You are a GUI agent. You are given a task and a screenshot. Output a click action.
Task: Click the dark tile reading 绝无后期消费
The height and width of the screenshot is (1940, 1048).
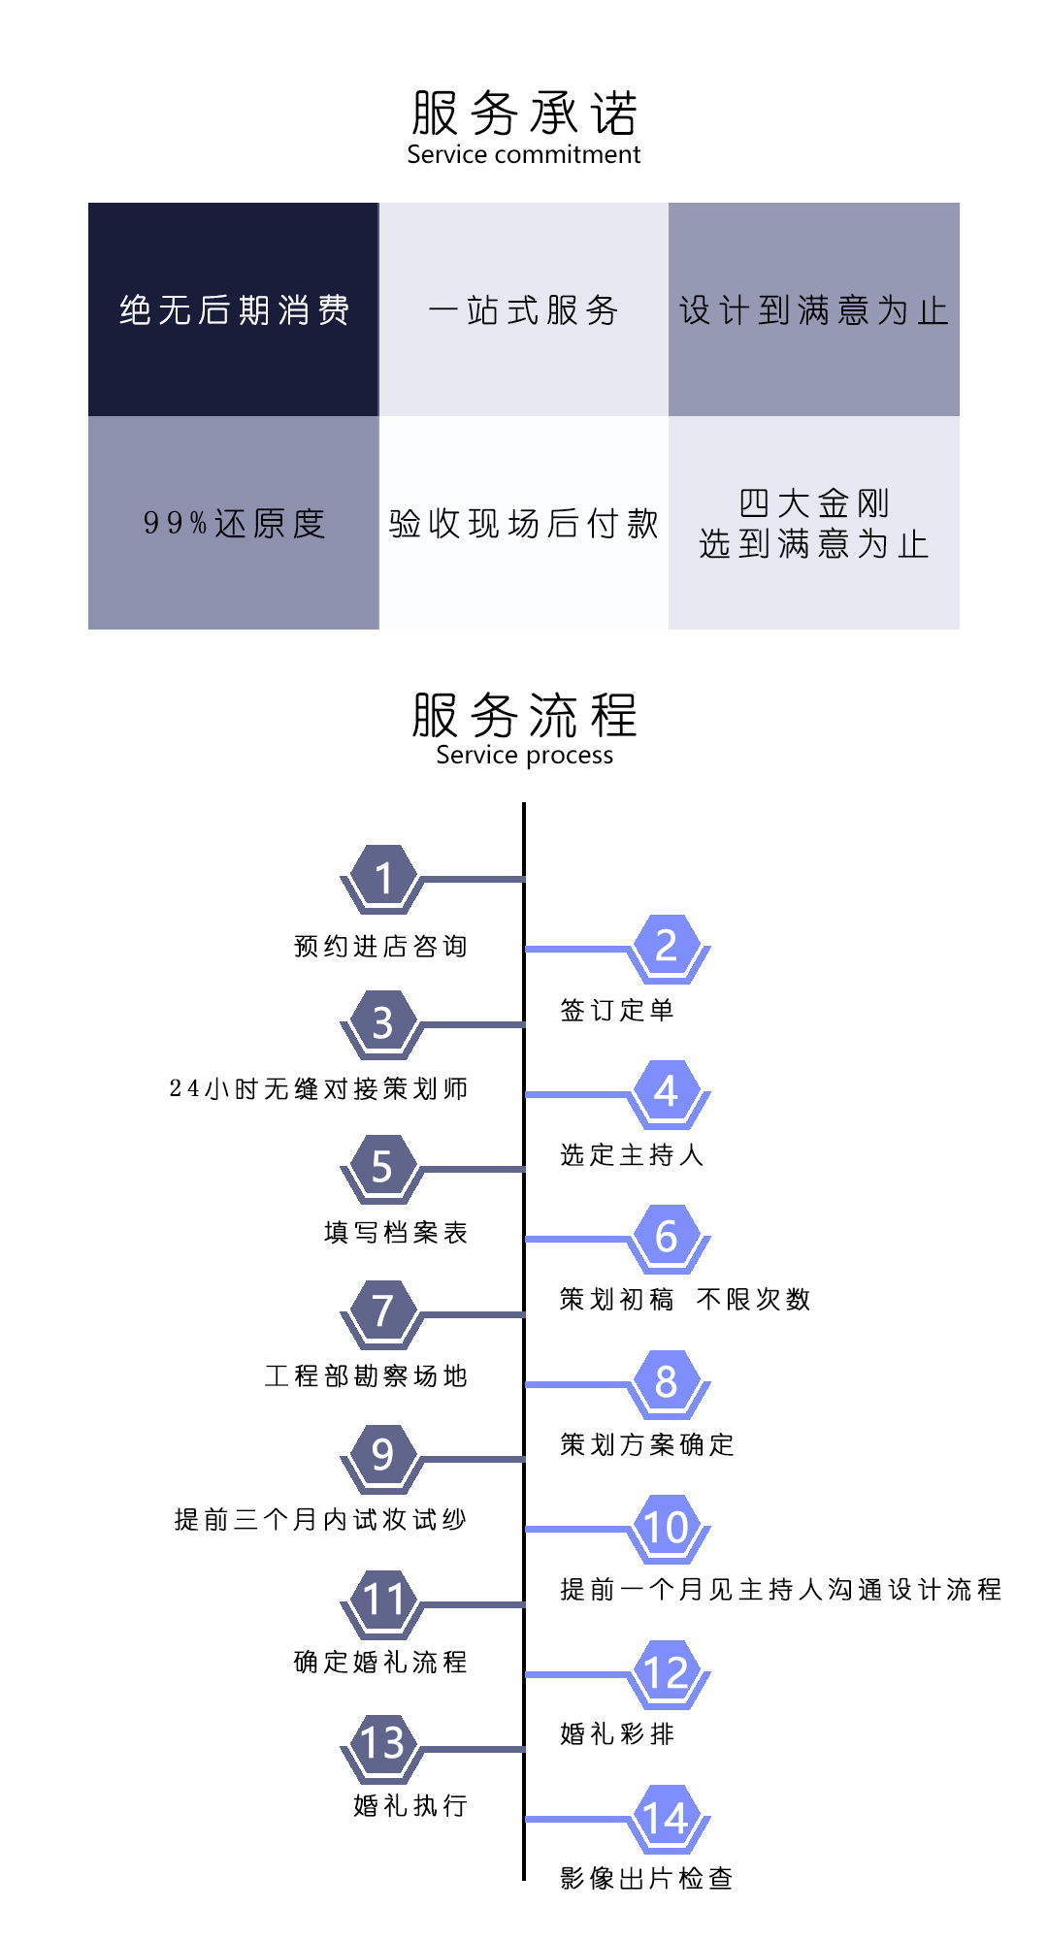233,309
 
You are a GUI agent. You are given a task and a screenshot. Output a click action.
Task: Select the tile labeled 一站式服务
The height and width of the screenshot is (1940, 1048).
524,309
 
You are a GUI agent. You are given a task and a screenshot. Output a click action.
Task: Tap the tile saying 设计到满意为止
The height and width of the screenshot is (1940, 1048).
814,309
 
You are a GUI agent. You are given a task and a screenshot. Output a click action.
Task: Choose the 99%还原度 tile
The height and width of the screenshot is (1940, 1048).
233,523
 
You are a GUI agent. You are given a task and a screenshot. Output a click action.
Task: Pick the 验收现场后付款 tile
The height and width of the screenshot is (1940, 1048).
524,523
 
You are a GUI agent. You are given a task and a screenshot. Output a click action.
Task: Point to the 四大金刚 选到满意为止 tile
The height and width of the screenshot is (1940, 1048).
814,523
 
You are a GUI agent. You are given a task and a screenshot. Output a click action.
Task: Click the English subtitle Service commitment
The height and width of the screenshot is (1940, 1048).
524,154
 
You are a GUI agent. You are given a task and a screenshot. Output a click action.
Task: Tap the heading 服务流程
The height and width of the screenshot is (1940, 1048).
524,715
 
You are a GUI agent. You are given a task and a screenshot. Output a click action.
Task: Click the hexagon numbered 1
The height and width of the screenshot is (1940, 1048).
383,879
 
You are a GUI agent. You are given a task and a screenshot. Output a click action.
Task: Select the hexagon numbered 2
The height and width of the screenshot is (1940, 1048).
666,947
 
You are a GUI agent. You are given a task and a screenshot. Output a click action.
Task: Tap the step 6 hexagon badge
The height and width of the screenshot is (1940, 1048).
666,1238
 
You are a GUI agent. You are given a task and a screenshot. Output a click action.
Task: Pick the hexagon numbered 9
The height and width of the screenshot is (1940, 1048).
383,1456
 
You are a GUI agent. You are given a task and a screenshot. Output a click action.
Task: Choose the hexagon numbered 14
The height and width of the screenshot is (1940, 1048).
666,1819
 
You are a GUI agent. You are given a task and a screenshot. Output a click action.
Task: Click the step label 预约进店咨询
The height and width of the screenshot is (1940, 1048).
381,946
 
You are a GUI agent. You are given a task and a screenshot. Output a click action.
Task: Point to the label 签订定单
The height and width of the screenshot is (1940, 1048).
617,1010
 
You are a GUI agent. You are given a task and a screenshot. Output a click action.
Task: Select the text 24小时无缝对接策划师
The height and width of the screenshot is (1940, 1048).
319,1088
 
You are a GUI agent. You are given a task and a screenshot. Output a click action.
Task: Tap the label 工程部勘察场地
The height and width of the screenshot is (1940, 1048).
367,1375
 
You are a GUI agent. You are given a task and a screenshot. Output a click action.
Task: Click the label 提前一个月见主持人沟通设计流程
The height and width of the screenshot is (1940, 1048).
781,1589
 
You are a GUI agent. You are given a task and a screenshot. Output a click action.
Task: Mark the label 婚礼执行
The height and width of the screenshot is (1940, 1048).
411,1805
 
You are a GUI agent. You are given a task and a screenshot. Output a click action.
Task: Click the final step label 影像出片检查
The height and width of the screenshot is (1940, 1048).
646,1878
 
